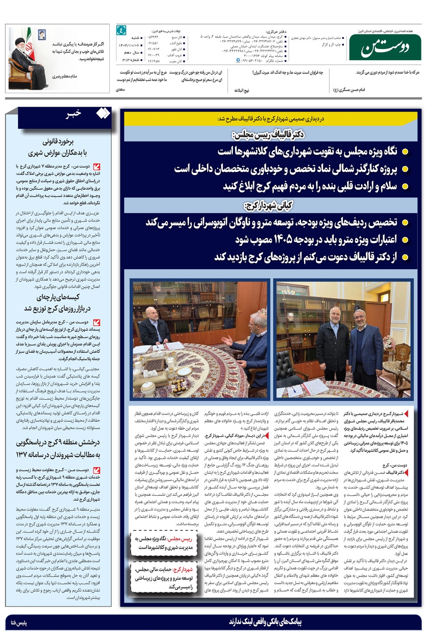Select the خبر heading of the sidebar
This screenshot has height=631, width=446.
[74, 114]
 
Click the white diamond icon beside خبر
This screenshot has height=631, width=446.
[103, 114]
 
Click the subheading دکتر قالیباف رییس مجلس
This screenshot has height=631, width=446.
[268, 134]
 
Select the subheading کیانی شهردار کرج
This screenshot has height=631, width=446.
[268, 205]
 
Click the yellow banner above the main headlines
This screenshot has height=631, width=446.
[272, 119]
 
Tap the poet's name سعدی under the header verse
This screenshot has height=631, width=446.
[120, 90]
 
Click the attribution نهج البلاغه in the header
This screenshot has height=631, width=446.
[242, 90]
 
